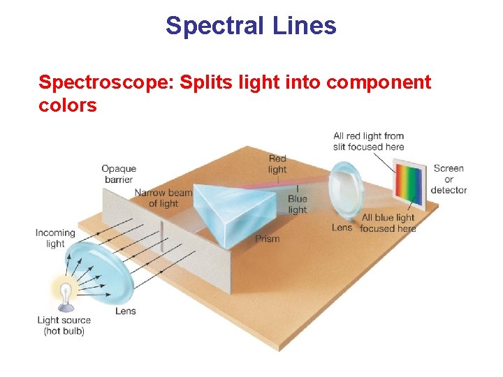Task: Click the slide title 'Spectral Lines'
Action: click(x=251, y=27)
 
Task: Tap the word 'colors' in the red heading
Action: click(x=68, y=105)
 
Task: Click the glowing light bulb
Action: click(x=65, y=294)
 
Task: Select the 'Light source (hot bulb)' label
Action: click(x=64, y=326)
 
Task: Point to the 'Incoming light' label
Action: click(x=55, y=238)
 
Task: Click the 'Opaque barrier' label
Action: click(x=119, y=174)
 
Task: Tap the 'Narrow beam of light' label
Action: click(x=163, y=198)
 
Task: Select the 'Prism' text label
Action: click(x=267, y=239)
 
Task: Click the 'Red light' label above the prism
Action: click(x=277, y=164)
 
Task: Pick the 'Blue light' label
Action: click(x=298, y=205)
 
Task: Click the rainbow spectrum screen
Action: click(x=409, y=183)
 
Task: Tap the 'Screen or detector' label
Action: click(x=449, y=179)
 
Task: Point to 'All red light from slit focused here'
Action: click(x=368, y=142)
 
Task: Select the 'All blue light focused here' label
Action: click(x=388, y=223)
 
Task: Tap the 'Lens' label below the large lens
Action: click(x=126, y=311)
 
